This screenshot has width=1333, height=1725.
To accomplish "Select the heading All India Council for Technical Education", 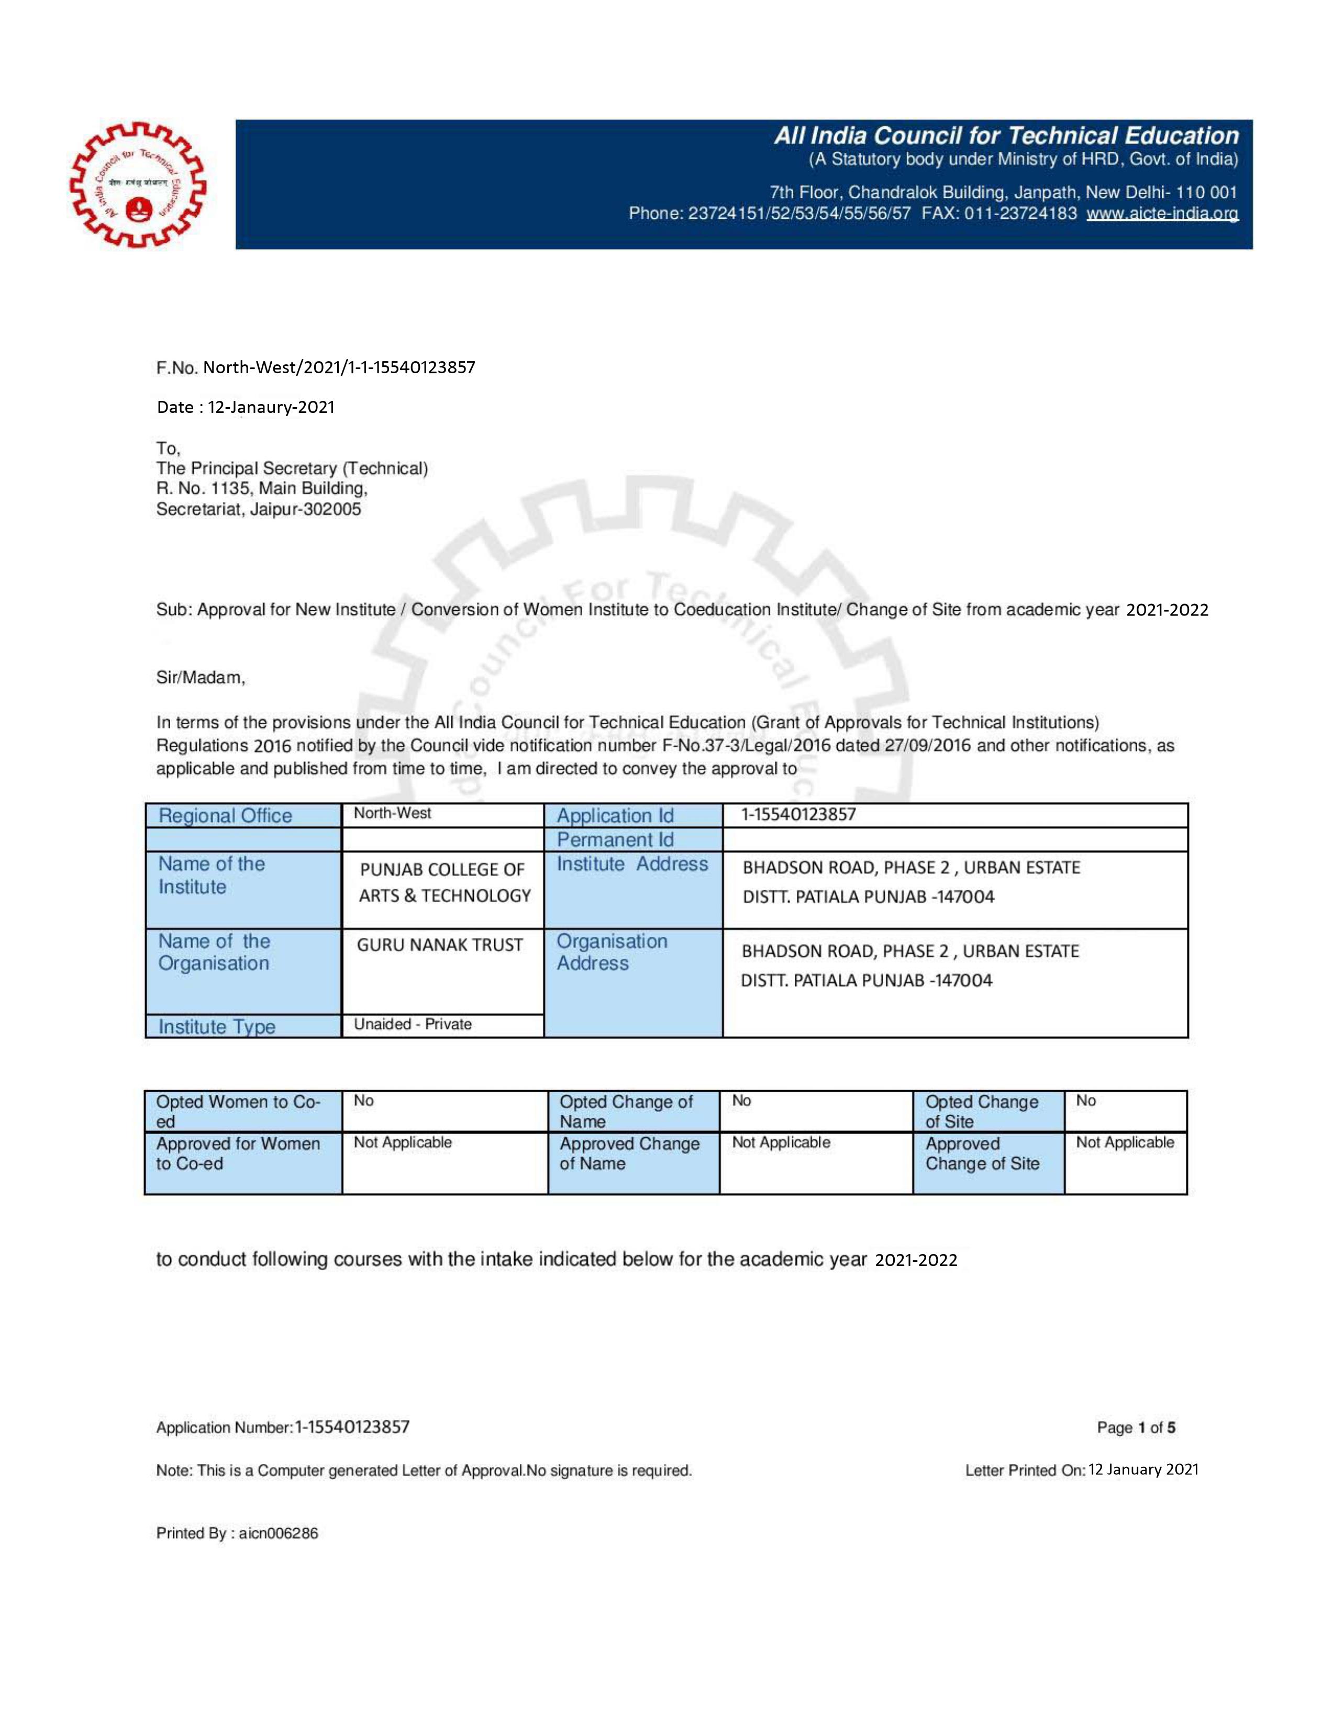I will pos(1006,136).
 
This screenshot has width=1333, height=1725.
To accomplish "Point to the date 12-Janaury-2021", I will pos(271,408).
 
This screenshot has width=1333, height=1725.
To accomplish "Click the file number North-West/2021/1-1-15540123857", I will pos(339,367).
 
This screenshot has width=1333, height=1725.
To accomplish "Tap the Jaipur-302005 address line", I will pos(259,509).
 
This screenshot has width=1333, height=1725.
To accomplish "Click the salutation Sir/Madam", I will pos(201,678).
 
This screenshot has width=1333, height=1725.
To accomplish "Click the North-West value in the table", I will pos(392,813).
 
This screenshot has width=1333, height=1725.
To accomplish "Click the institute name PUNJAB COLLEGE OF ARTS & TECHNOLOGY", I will pos(444,882).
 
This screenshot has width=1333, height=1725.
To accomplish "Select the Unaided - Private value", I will pos(413,1024).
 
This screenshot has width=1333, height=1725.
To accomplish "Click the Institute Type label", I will pos(217,1027).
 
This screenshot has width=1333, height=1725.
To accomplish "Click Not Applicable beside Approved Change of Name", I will pos(781,1143).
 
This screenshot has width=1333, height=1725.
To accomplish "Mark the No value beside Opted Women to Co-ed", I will pos(363,1101).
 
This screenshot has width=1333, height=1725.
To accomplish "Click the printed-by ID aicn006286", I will pos(278,1533).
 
